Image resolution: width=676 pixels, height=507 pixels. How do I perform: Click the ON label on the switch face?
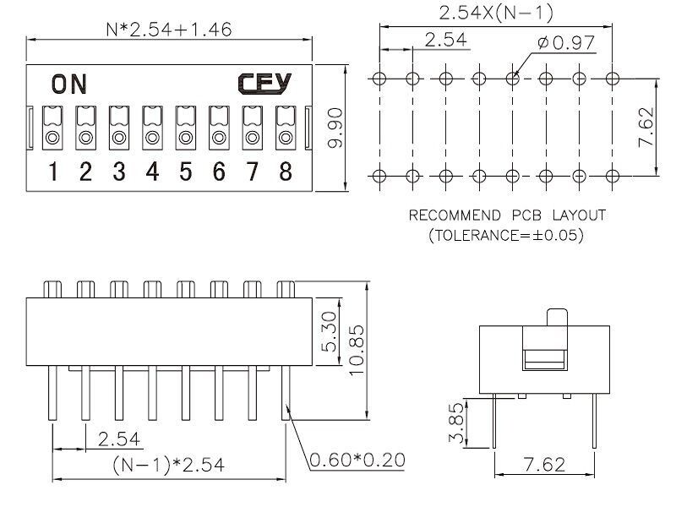click(x=68, y=84)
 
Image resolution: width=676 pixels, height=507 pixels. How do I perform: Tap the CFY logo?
click(x=264, y=83)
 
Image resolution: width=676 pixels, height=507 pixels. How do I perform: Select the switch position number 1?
click(x=52, y=172)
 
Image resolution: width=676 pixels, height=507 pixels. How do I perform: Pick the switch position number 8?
click(x=286, y=172)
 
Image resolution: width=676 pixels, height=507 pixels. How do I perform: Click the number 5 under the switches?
click(x=186, y=172)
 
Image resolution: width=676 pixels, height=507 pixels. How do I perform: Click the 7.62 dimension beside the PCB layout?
click(x=647, y=128)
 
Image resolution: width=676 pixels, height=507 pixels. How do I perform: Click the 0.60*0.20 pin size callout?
click(x=357, y=461)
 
